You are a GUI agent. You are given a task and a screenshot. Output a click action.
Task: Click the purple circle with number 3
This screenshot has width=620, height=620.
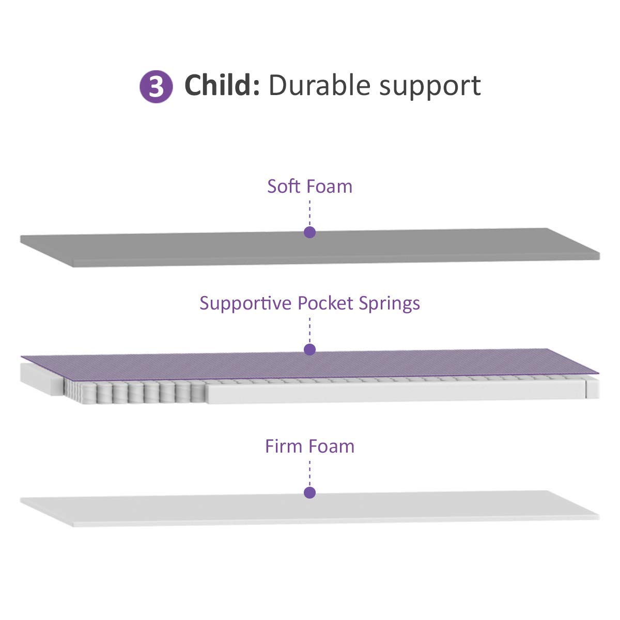[x=156, y=87]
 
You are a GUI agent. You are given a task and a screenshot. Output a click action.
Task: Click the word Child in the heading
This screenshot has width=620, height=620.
[x=221, y=85]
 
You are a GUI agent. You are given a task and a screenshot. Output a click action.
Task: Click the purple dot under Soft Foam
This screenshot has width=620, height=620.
[x=309, y=233]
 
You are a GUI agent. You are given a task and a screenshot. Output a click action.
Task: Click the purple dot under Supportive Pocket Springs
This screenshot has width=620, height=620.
[x=309, y=350]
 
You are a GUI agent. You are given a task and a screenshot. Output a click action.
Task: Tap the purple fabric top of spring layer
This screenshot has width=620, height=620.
[x=413, y=364]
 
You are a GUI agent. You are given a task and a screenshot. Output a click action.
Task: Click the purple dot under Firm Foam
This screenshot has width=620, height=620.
[x=309, y=492]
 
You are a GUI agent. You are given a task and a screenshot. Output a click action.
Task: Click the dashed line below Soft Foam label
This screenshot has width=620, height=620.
[x=309, y=212]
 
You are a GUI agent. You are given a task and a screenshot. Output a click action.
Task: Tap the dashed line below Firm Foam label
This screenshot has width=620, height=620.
[x=309, y=471]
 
